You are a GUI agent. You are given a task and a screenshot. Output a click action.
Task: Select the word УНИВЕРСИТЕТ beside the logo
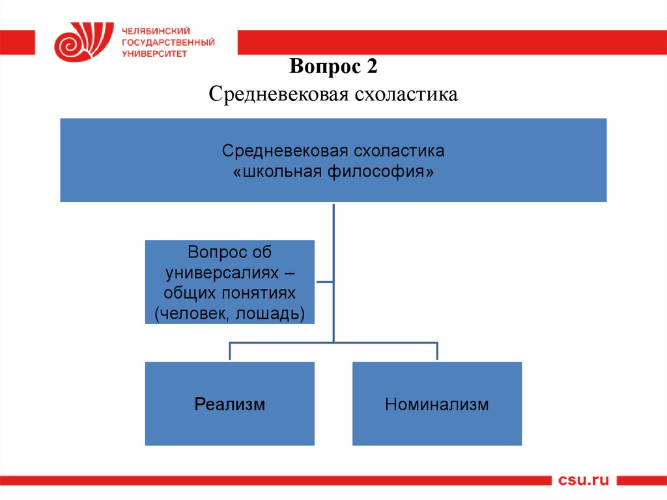(x=154, y=54)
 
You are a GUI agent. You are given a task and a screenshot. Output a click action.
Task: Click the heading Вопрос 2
(x=333, y=66)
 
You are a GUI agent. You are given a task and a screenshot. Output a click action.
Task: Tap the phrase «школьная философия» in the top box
(x=333, y=173)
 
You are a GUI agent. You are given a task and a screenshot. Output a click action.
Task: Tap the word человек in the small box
(x=192, y=313)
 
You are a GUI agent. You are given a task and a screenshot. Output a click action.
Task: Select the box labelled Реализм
(x=230, y=404)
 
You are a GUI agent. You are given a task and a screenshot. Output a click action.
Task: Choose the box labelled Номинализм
(x=437, y=404)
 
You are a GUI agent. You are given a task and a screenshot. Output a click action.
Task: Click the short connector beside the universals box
(x=324, y=282)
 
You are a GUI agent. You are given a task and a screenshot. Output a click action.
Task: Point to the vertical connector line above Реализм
(x=230, y=351)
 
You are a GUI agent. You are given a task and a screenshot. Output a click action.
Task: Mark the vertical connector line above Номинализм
(x=437, y=351)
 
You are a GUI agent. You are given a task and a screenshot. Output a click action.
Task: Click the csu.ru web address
(x=584, y=481)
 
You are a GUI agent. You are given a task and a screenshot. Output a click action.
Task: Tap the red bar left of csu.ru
(x=274, y=481)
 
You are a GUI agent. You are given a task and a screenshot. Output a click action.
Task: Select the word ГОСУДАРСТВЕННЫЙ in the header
(x=168, y=42)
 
